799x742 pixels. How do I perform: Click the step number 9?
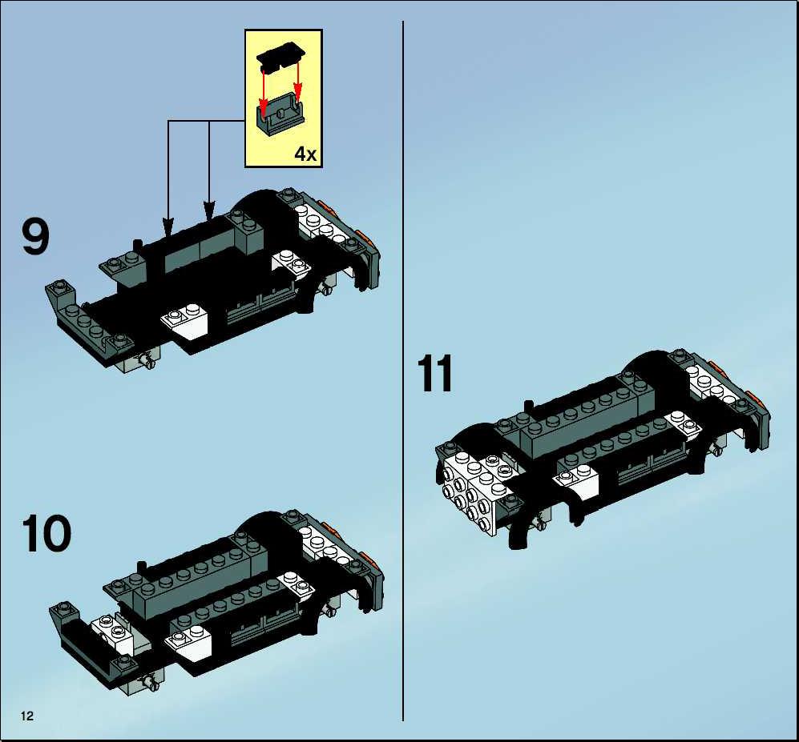[36, 237]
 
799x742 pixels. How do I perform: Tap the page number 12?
[27, 716]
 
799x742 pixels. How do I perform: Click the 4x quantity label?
[306, 153]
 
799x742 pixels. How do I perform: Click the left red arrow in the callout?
[264, 90]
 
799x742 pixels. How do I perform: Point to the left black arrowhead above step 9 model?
[167, 227]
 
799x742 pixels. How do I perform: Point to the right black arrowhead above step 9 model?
[209, 211]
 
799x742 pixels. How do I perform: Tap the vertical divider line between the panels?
[403, 371]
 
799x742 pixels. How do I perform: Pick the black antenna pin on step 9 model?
[136, 246]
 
